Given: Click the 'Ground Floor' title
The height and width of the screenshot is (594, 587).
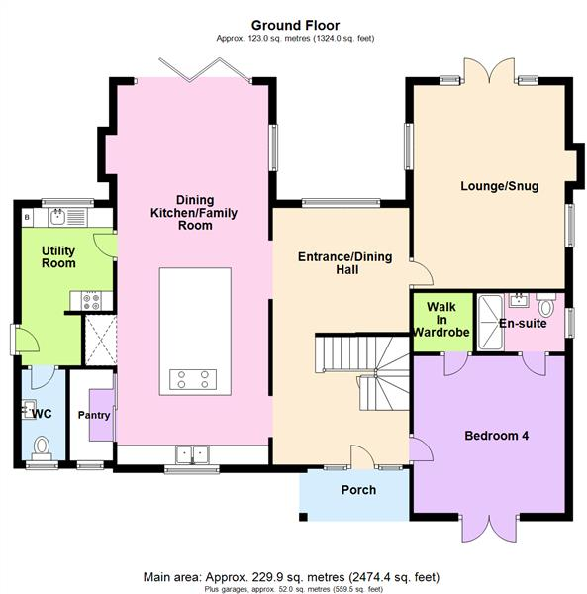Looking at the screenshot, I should pos(294,25).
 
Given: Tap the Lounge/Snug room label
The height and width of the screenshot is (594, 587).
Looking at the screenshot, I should pos(499,185).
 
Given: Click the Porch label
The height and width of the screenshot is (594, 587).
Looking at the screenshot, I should pos(357,490).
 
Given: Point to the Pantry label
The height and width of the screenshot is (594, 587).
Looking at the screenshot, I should pos(94,416).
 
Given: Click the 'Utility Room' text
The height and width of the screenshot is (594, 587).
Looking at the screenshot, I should pos(58,257).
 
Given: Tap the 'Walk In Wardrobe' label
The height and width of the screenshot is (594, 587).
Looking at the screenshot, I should pos(440,320).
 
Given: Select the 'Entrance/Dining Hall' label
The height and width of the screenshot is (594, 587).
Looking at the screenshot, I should pos(344,264).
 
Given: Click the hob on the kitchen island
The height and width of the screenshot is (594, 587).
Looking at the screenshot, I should pos(194,378).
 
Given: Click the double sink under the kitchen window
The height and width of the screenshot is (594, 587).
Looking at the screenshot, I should pos(193,454).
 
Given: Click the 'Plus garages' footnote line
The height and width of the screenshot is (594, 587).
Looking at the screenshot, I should pos(294,588).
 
